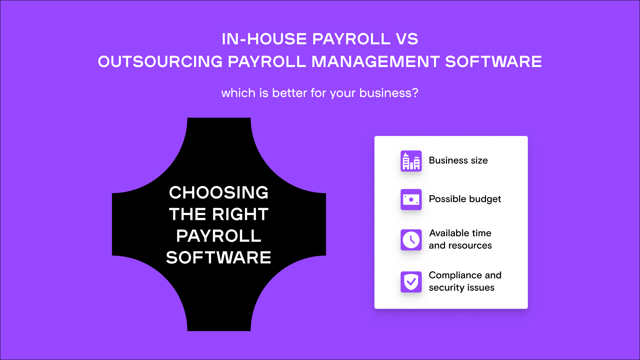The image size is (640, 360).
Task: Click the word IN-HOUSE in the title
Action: point(264,39)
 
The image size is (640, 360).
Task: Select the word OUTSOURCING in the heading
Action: point(160,62)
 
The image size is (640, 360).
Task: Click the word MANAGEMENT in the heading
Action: point(375,62)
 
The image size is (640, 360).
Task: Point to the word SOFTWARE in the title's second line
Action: point(493,62)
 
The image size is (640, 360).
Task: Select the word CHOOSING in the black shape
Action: point(219,193)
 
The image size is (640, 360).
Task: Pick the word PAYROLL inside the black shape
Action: point(219,236)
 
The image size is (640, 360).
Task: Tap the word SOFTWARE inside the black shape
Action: point(219,258)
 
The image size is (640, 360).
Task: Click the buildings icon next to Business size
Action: point(411,161)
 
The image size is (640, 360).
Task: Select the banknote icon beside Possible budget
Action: point(411,200)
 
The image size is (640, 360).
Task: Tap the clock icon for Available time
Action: point(411,240)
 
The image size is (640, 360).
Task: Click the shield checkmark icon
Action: point(411,282)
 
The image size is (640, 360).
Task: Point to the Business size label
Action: point(458,160)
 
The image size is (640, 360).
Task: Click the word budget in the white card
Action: point(485,199)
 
